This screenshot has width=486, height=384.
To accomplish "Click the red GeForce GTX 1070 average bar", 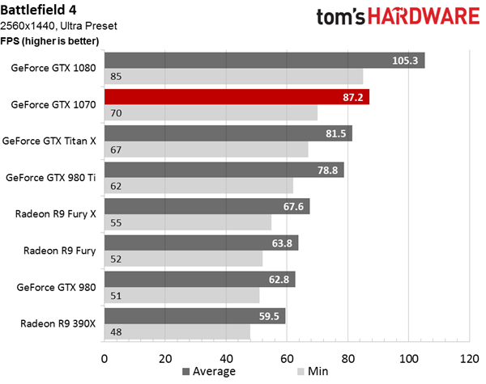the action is [237, 97].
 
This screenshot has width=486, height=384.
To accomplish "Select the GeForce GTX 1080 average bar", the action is [264, 61].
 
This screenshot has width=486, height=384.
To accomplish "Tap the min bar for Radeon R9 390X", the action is [177, 332].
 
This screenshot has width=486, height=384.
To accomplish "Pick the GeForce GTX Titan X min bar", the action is [206, 150].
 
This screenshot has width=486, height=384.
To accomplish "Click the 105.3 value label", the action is [405, 61].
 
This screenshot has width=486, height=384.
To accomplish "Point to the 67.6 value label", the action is [293, 206].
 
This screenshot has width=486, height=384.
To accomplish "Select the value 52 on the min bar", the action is [116, 259].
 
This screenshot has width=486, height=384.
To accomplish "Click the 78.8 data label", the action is [327, 171].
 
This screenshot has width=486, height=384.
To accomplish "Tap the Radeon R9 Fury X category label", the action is [55, 214].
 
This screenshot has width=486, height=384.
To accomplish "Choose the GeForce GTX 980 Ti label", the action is [51, 178].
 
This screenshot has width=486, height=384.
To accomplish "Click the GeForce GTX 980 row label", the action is [56, 287].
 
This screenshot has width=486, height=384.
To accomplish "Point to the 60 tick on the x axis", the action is [287, 359].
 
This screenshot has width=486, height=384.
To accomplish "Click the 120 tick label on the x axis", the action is [470, 359].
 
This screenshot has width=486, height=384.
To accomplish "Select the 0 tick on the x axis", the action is [104, 359].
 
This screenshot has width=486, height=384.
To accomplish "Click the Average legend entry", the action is [209, 371].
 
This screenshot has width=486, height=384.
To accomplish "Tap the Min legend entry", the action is [313, 371].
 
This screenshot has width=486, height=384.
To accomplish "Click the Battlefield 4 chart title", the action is [38, 10].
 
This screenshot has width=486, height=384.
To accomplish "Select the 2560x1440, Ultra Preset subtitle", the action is [58, 26].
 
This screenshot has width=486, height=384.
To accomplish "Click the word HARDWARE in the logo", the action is [424, 16].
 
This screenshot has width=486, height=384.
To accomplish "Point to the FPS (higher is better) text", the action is [49, 41].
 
